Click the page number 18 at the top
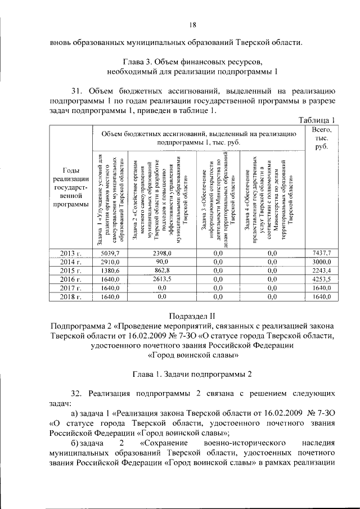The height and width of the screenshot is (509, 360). (x=192, y=25)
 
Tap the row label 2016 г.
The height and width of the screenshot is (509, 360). (x=71, y=279)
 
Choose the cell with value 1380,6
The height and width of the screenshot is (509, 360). (x=111, y=271)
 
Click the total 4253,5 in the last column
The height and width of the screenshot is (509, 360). (x=321, y=279)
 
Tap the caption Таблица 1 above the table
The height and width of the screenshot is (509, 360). (x=317, y=119)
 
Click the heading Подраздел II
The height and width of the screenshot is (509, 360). (x=192, y=316)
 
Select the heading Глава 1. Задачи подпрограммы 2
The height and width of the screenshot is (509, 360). (x=192, y=373)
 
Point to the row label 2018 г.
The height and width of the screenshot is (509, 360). (x=71, y=296)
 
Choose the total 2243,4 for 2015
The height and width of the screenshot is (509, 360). (x=321, y=271)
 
